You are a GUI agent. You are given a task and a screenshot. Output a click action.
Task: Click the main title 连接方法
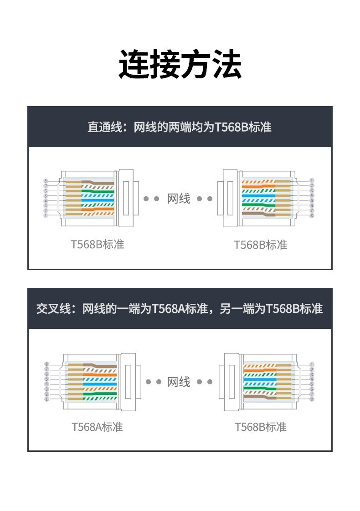click(180, 64)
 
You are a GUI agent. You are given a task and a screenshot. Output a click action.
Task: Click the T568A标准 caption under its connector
click(97, 427)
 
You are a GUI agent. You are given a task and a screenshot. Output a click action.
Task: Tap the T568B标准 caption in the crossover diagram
click(261, 427)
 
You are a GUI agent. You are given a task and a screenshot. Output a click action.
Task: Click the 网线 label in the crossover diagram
click(179, 382)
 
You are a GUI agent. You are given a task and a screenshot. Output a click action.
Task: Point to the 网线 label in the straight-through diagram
click(179, 198)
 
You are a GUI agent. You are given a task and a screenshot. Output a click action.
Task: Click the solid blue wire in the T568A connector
click(100, 384)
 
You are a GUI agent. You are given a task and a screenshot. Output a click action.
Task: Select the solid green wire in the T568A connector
click(100, 393)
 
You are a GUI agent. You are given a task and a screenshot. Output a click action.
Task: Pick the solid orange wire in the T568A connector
click(100, 374)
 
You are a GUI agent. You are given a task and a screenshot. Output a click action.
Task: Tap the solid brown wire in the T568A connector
click(100, 365)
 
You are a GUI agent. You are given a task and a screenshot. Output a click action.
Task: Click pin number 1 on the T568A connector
click(46, 399)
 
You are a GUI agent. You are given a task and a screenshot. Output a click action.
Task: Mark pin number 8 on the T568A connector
click(46, 364)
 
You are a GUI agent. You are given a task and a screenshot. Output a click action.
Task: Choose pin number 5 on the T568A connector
click(46, 379)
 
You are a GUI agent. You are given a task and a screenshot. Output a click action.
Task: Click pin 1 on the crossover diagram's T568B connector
click(312, 364)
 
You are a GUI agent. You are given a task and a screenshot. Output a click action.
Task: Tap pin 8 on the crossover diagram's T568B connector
click(312, 399)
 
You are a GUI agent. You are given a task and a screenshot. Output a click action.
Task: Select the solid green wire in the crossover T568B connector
click(260, 389)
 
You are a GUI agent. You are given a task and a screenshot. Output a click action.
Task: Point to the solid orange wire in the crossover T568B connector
click(260, 370)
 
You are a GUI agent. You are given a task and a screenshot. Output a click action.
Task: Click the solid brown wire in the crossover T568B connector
click(260, 397)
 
